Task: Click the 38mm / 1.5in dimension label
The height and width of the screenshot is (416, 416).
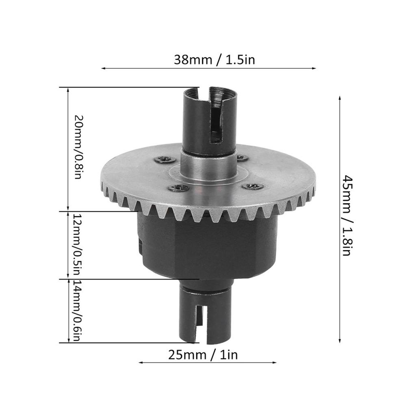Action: [214, 60]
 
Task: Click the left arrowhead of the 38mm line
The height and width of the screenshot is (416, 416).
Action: [103, 69]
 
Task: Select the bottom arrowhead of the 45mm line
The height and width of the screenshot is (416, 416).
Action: [340, 341]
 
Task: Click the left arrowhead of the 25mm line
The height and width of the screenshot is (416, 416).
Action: [141, 362]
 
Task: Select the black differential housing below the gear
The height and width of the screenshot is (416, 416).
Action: [207, 248]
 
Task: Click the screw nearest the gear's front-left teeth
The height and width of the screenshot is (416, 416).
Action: [179, 188]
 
